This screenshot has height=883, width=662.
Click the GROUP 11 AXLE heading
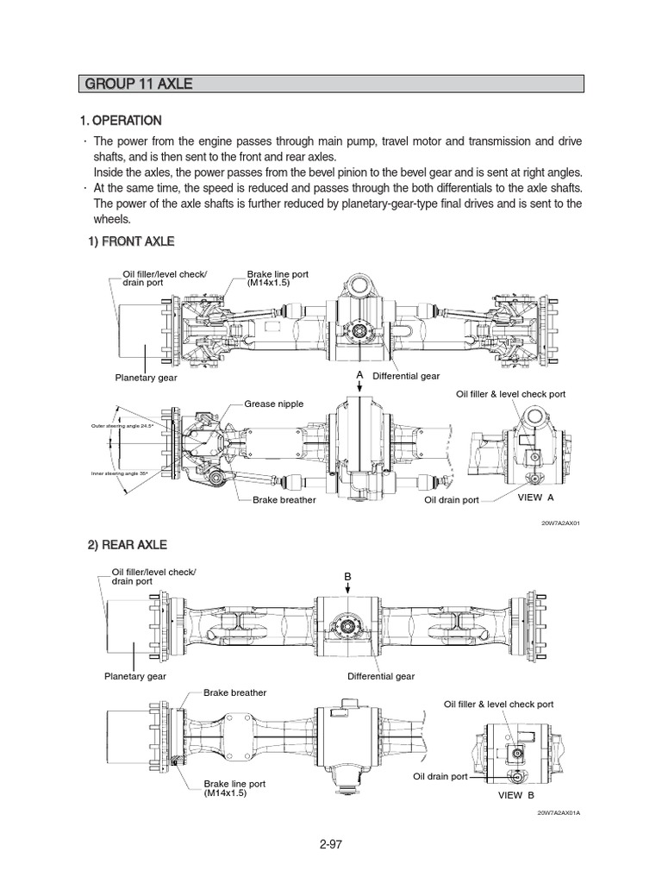(138, 84)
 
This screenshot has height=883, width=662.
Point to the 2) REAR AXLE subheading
(128, 545)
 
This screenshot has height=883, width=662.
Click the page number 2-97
(330, 844)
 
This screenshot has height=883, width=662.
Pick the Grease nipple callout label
(273, 403)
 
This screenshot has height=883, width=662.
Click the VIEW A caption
(534, 498)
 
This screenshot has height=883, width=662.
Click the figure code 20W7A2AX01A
(559, 813)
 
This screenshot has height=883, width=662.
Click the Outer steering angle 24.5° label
(121, 426)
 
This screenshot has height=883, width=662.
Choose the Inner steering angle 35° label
(119, 473)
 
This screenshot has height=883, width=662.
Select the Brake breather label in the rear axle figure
(234, 692)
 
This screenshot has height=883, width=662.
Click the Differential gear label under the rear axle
(381, 677)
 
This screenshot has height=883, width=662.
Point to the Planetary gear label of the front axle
(146, 377)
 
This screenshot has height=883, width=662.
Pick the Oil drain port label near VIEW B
(440, 776)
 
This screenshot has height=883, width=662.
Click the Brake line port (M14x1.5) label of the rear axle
(234, 788)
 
